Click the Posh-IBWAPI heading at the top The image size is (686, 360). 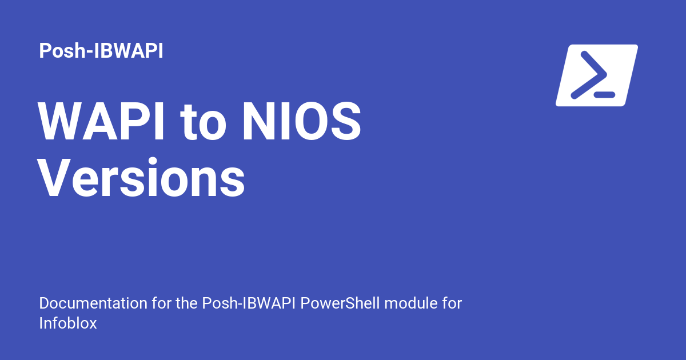point(101,51)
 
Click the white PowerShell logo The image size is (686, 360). point(596,75)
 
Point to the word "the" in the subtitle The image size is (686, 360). point(186,303)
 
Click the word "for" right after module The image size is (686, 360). point(451,303)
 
